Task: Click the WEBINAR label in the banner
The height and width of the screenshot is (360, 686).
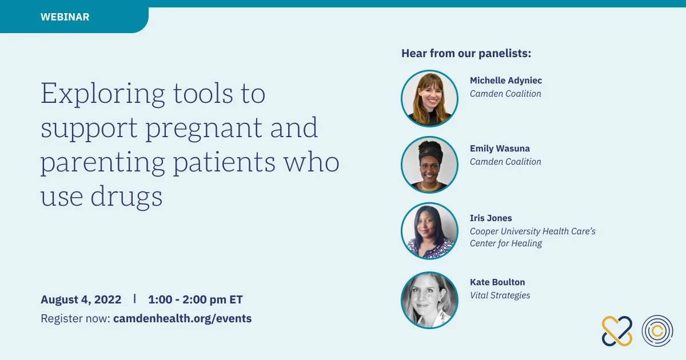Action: [x=65, y=17]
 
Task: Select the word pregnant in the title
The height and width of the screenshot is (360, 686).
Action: [x=204, y=129]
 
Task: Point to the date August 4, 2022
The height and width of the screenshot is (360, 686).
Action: [x=81, y=299]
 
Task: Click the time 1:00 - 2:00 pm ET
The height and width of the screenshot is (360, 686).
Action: [x=196, y=299]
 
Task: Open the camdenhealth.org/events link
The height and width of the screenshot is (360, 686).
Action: [x=182, y=318]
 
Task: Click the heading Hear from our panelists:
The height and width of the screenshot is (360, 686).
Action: [x=466, y=53]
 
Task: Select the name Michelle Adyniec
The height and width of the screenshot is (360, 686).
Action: [x=506, y=81]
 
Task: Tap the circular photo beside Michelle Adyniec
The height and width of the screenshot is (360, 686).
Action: [x=429, y=98]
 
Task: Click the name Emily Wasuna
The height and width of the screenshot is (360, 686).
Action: [x=500, y=149]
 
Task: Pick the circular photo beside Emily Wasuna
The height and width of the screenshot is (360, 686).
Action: [x=429, y=165]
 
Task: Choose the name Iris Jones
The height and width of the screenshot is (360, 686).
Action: [x=491, y=218]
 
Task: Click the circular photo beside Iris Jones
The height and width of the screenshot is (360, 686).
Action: [x=429, y=231]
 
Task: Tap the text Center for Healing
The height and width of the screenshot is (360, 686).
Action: [x=506, y=243]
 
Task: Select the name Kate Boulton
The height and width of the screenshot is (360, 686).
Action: [x=497, y=282]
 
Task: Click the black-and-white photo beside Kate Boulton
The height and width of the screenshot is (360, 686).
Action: [x=429, y=300]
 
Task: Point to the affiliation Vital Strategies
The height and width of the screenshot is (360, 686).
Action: [x=500, y=295]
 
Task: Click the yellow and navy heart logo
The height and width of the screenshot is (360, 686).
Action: [x=617, y=331]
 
